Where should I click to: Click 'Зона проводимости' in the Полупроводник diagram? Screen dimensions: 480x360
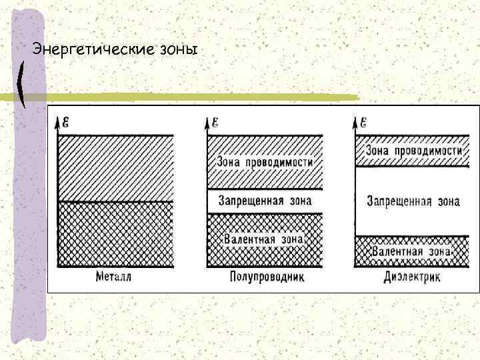[265, 162]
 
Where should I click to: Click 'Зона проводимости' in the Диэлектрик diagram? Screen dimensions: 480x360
[414, 151]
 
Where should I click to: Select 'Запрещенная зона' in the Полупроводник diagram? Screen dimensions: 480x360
[265, 200]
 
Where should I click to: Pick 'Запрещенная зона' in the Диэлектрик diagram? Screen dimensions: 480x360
[413, 201]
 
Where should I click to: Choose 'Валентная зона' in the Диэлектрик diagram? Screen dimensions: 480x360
[411, 252]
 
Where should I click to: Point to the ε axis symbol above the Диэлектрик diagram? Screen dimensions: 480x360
[364, 121]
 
